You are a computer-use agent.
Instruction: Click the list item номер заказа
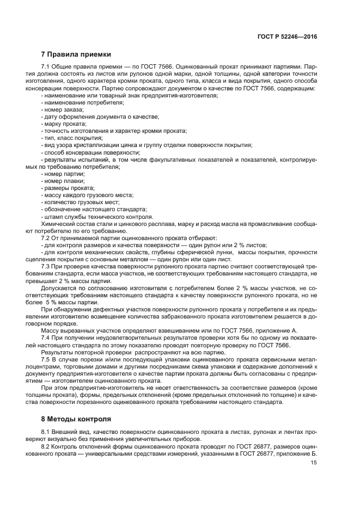tap(61, 109)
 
